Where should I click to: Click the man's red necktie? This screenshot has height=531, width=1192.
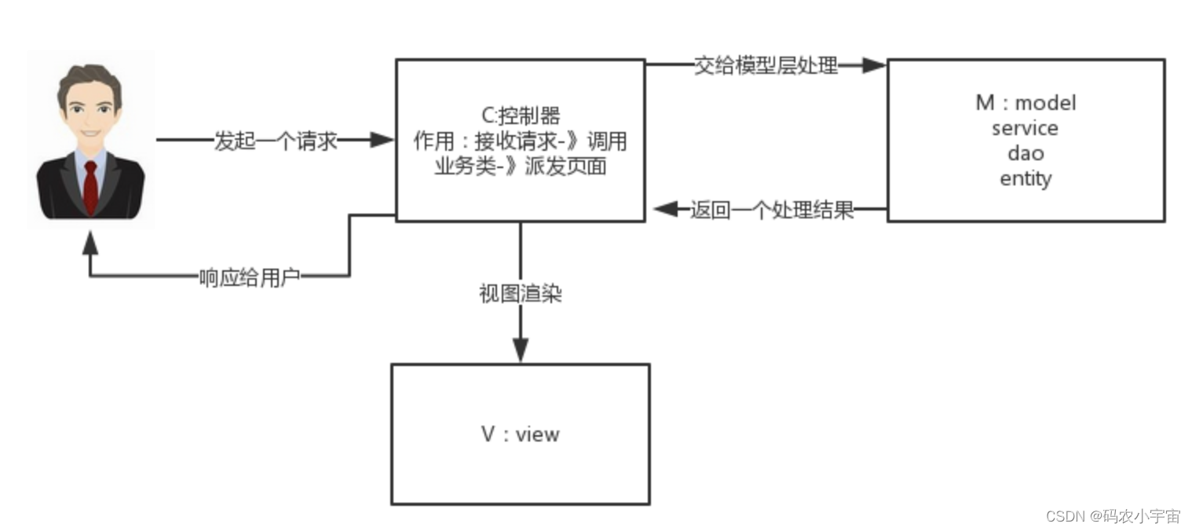coord(91,187)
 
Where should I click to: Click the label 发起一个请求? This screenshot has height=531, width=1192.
coord(276,141)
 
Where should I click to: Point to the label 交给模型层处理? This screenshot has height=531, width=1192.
coord(766,66)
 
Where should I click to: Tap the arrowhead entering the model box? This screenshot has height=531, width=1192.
coord(874,66)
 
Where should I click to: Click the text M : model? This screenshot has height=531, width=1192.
coord(1026,103)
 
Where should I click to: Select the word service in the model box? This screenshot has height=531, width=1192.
coord(1025,128)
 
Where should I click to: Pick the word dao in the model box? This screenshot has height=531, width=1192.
coord(1026,153)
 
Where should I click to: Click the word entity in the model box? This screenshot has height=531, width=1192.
coord(1026,179)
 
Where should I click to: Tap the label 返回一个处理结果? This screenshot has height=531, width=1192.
coord(772,211)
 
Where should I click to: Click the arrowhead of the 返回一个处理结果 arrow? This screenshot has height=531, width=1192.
coord(665,210)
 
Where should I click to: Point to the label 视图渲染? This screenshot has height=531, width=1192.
coord(521,295)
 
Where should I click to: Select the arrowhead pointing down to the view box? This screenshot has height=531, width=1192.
coord(520,350)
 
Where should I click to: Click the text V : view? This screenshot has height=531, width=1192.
coord(521,434)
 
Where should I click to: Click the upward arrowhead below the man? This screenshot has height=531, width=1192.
coord(90,243)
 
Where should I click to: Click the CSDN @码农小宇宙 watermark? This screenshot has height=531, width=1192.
coord(1113,516)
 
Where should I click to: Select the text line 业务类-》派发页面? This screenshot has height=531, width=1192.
coord(521,167)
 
